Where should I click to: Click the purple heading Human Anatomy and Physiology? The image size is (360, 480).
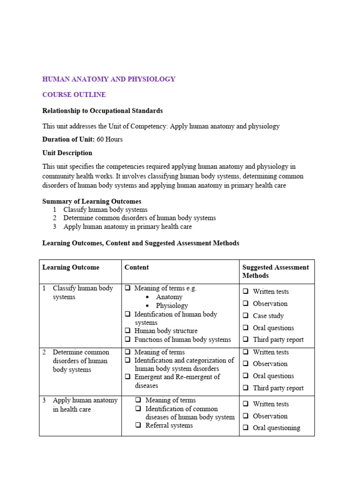pyautogui.click(x=109, y=79)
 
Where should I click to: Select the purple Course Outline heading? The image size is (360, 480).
pyautogui.click(x=74, y=95)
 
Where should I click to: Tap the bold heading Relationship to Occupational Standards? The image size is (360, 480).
pyautogui.click(x=103, y=111)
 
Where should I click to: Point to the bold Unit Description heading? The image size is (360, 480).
pyautogui.click(x=67, y=153)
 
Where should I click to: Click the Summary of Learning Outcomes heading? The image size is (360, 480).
pyautogui.click(x=91, y=202)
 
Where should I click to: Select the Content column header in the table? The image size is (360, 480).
pyautogui.click(x=136, y=267)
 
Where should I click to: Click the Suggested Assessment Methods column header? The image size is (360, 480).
pyautogui.click(x=275, y=271)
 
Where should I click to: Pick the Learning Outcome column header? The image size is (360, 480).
pyautogui.click(x=71, y=267)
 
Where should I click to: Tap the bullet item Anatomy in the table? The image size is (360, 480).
pyautogui.click(x=169, y=297)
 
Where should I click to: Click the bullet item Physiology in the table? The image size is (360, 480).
pyautogui.click(x=172, y=306)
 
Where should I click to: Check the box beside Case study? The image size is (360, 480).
pyautogui.click(x=246, y=315)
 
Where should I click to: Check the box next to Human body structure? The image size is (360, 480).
pyautogui.click(x=127, y=331)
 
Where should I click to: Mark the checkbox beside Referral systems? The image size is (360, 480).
pyautogui.click(x=139, y=425)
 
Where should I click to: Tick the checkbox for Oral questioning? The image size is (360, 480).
pyautogui.click(x=246, y=427)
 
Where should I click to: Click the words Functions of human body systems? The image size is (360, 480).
pyautogui.click(x=182, y=339)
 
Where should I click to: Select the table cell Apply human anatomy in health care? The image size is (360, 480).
pyautogui.click(x=78, y=405)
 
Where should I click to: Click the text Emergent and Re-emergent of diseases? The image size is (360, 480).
pyautogui.click(x=177, y=381)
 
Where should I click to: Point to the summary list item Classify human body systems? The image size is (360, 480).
pyautogui.click(x=105, y=210)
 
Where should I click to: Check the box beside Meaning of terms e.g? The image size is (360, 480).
pyautogui.click(x=127, y=288)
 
